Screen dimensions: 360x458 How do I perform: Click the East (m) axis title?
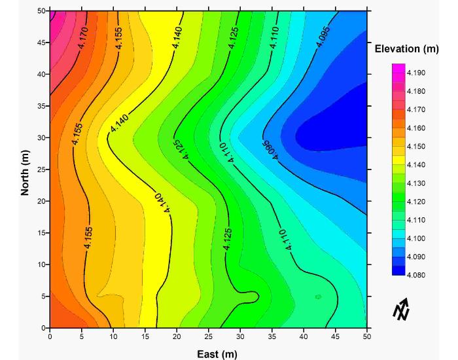(209, 354)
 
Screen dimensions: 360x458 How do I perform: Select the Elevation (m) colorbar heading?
(406, 50)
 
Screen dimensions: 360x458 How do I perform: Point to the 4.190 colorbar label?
(415, 73)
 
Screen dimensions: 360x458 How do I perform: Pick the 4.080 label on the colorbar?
(415, 275)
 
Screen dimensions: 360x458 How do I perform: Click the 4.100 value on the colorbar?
(415, 238)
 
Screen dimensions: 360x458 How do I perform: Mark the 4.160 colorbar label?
(415, 128)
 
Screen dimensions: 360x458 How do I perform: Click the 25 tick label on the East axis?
(209, 337)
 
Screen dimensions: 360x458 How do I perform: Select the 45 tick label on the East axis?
(336, 337)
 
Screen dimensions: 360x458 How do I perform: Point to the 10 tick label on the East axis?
(113, 337)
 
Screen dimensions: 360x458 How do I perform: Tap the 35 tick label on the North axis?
(40, 106)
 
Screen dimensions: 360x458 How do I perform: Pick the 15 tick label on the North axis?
(40, 233)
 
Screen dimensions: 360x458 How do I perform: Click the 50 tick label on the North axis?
(40, 11)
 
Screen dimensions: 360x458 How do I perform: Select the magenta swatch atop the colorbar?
(398, 68)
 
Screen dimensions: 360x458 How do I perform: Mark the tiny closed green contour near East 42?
(318, 297)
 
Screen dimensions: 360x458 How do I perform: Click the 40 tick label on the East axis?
(304, 337)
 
